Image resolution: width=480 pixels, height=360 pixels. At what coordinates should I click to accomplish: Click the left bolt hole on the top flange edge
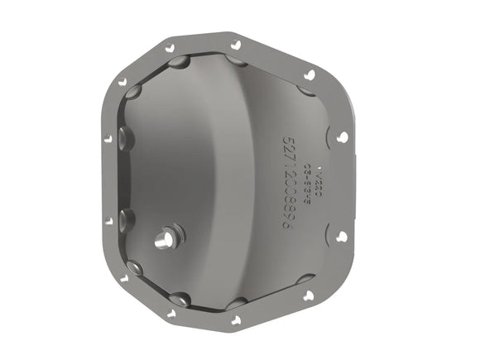click(x=170, y=48)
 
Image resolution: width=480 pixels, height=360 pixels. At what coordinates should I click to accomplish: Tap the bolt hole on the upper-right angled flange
click(x=309, y=74)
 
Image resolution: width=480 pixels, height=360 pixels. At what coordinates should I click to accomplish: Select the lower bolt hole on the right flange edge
click(x=341, y=236)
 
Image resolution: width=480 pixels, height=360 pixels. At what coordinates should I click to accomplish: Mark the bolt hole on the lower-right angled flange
click(x=309, y=295)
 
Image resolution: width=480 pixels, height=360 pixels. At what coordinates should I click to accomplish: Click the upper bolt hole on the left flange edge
click(x=107, y=138)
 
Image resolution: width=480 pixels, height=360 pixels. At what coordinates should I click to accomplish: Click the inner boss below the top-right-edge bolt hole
click(x=237, y=61)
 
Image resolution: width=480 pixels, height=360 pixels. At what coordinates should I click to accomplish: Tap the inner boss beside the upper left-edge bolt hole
click(x=124, y=137)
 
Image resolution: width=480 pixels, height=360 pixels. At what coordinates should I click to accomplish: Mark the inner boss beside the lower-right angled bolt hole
click(x=303, y=280)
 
